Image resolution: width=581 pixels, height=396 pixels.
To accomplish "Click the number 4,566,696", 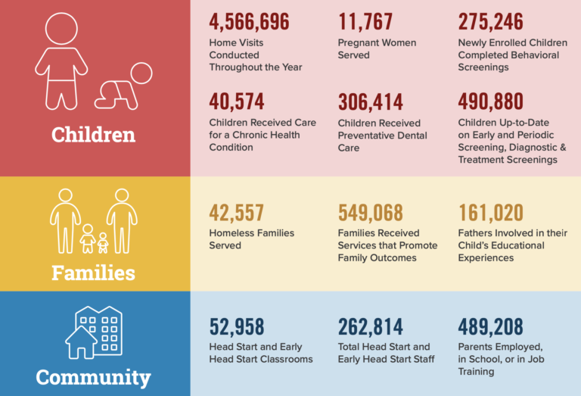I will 249,23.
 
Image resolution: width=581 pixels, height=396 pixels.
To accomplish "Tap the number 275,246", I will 490,23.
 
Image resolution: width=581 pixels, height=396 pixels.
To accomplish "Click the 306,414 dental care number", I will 371,102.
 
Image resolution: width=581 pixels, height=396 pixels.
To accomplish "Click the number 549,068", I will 371,213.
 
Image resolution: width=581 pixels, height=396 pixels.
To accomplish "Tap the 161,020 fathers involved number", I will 490,213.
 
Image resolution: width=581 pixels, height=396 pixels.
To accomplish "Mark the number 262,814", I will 370,327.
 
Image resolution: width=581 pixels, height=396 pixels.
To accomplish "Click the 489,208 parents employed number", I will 490,327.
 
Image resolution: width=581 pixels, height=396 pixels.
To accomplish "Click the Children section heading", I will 93,135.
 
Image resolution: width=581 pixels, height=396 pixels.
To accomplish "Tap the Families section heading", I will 93,272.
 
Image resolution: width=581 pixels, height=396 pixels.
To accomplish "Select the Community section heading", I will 93,376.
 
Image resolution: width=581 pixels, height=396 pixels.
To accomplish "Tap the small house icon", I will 81,343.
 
